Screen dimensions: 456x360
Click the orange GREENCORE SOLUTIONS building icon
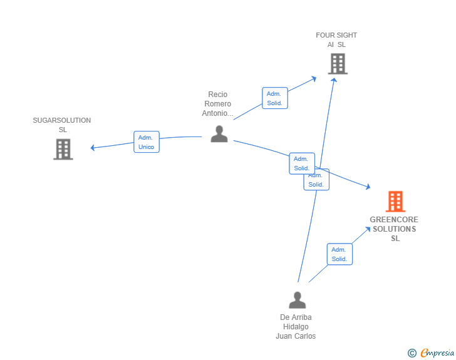395,201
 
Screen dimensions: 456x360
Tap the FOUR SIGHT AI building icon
338,64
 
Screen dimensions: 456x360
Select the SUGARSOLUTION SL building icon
63,149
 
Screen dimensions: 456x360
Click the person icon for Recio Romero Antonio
219,134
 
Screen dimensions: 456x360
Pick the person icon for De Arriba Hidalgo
297,300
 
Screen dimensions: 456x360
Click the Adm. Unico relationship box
147,142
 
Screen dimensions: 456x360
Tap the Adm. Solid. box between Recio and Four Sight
275,98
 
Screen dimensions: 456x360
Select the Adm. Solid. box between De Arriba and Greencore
339,254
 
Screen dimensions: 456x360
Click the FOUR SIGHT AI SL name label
336,40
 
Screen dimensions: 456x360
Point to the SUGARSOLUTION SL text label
62,125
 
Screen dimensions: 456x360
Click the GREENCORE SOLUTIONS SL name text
394,229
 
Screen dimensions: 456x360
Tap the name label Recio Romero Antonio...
217,104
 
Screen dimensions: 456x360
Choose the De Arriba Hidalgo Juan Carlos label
296,327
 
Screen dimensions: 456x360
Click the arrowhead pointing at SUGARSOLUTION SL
93,148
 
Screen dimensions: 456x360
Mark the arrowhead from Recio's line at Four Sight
314,79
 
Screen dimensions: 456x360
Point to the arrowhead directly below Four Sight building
334,80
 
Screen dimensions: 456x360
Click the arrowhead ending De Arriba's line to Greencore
368,229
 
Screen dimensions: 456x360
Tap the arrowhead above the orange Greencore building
368,187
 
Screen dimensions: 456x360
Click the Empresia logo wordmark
437,352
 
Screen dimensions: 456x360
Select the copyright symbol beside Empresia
412,353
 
